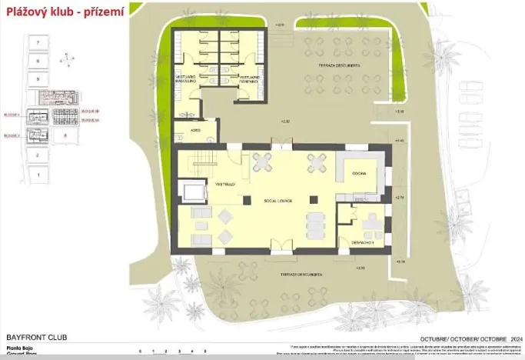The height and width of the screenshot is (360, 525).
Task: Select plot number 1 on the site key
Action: (x=36, y=175)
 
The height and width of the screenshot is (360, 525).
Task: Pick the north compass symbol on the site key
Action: (x=69, y=56)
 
